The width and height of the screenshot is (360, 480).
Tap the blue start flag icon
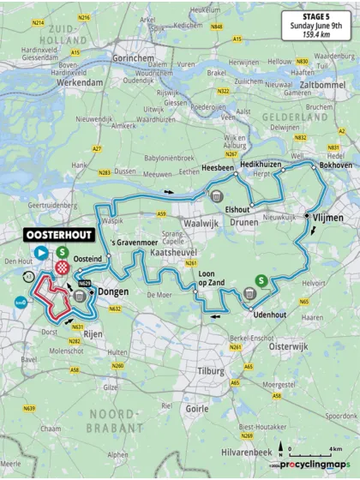tap(40, 252)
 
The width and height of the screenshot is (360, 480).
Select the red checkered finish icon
tap(62, 267)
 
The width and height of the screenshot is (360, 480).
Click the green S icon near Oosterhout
tap(63, 252)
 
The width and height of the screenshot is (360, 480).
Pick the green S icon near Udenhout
tap(261, 279)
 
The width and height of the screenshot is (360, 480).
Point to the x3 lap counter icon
tap(28, 278)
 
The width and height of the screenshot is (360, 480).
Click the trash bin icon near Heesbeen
tap(213, 196)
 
